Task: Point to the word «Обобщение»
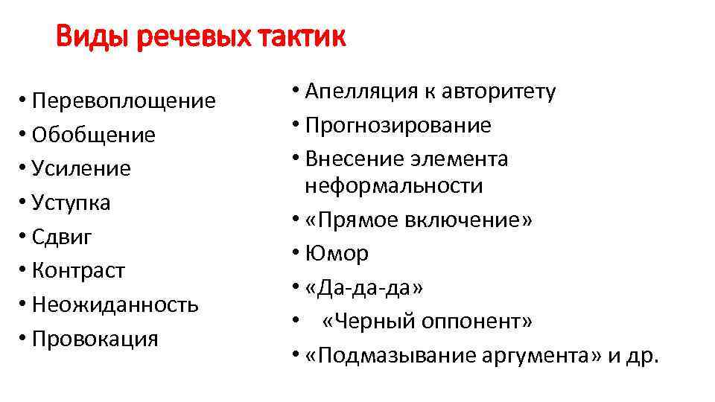pyautogui.click(x=94, y=135)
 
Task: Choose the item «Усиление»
pyautogui.click(x=81, y=169)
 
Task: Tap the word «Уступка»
pyautogui.click(x=71, y=202)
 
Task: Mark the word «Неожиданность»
pyautogui.click(x=115, y=304)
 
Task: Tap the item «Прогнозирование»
pyautogui.click(x=398, y=125)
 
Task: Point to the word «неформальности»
pyautogui.click(x=393, y=185)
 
